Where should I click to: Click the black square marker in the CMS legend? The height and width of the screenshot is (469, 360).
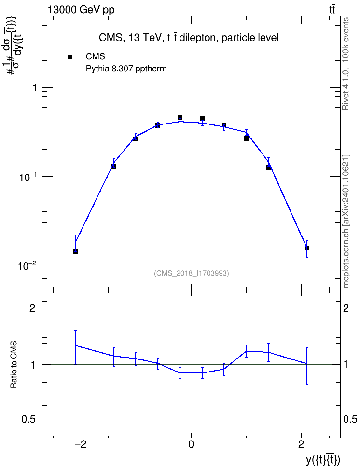coord(70,57)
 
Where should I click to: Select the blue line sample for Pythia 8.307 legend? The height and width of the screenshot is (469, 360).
coord(70,69)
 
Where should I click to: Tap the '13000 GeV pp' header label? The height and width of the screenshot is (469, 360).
coord(81,10)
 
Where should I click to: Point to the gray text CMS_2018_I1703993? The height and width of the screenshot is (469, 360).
coord(192,273)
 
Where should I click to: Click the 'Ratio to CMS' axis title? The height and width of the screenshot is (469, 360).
coord(14,365)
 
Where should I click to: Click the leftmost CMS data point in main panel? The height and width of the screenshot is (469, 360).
coord(75,251)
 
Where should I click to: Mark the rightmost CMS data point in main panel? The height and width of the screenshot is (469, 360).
coord(307,248)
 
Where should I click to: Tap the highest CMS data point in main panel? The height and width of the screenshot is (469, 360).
coord(180,117)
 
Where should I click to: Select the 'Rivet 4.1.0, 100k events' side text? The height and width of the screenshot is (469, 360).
coord(346,64)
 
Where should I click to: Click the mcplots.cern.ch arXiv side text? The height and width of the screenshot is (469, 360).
coord(346,221)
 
